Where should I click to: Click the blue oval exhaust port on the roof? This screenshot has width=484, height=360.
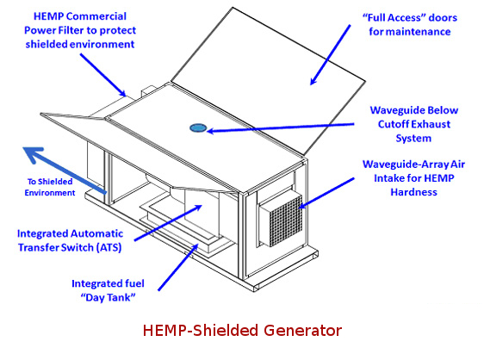pyautogui.click(x=198, y=127)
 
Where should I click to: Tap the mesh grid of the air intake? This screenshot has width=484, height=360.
pyautogui.click(x=286, y=220)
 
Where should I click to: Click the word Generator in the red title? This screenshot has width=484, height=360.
pyautogui.click(x=302, y=331)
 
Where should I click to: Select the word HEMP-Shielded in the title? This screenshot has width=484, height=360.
pyautogui.click(x=202, y=331)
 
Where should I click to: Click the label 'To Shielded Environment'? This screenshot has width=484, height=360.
pyautogui.click(x=50, y=187)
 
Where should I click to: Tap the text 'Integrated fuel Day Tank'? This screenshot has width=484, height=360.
pyautogui.click(x=108, y=290)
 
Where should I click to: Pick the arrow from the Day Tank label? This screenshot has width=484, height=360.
pyautogui.click(x=177, y=267)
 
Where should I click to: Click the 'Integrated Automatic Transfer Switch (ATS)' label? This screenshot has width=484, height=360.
pyautogui.click(x=70, y=240)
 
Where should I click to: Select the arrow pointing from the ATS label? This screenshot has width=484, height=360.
pyautogui.click(x=168, y=222)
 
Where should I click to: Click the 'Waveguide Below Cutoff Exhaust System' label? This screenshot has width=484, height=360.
pyautogui.click(x=414, y=124)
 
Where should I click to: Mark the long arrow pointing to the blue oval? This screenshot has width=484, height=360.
pyautogui.click(x=280, y=127)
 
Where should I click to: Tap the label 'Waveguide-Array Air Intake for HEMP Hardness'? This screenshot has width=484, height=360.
pyautogui.click(x=413, y=178)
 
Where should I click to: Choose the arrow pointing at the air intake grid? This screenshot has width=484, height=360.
pyautogui.click(x=326, y=193)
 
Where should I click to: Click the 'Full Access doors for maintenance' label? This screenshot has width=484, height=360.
pyautogui.click(x=410, y=24)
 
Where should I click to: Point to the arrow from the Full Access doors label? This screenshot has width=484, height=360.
pyautogui.click(x=331, y=54)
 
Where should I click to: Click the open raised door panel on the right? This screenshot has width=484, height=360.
pyautogui.click(x=269, y=81)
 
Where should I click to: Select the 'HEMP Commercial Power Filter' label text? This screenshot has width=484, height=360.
pyautogui.click(x=80, y=30)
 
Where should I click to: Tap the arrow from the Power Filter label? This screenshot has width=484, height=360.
pyautogui.click(x=103, y=75)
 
